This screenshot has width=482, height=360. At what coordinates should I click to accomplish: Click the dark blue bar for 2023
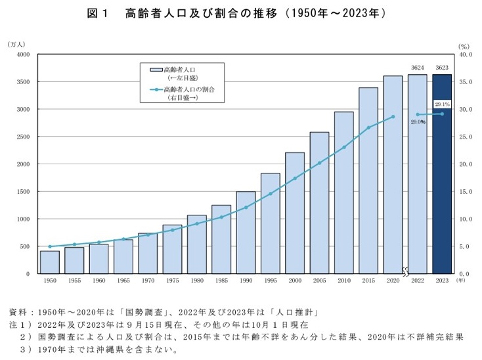(x=441, y=174)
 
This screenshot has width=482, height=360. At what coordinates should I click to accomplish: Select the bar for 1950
(x=49, y=262)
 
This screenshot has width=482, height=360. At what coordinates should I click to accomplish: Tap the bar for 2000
(x=295, y=213)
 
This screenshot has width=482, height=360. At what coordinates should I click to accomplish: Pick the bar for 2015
(x=368, y=181)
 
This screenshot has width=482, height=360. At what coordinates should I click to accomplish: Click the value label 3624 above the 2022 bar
(x=417, y=68)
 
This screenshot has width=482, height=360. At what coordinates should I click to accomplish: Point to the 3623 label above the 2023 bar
(x=441, y=68)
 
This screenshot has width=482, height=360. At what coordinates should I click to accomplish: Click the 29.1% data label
(x=441, y=104)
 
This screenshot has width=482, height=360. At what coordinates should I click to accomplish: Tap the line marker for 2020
(x=393, y=117)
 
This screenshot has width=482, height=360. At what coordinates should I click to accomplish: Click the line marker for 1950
(x=49, y=246)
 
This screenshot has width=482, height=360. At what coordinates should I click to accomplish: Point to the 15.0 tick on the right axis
(x=465, y=192)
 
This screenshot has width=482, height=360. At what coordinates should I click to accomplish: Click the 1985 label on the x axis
(x=221, y=280)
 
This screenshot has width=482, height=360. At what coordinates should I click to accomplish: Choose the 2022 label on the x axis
(x=417, y=280)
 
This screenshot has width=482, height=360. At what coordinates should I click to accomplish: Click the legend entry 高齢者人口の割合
(x=190, y=89)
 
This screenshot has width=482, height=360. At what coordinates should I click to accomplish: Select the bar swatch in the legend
(x=156, y=69)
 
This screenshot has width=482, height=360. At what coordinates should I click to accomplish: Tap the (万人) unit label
(x=16, y=44)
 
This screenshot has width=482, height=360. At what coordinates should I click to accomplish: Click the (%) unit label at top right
(x=464, y=47)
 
